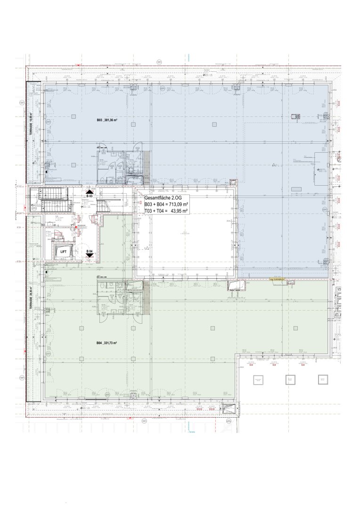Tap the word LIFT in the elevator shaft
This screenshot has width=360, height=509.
pos(63,252)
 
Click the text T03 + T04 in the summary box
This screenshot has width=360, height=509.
pos(154,212)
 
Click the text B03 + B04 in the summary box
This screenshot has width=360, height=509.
pos(154,205)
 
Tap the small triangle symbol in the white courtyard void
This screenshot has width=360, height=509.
pos(147,248)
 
